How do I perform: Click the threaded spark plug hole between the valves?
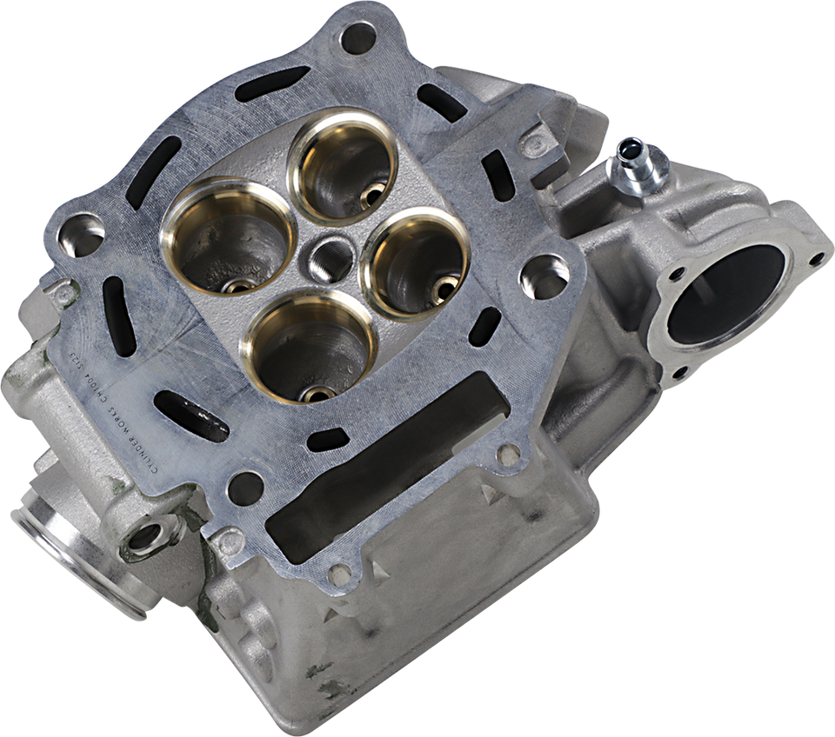[326, 252]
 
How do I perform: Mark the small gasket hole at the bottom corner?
[341, 574]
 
